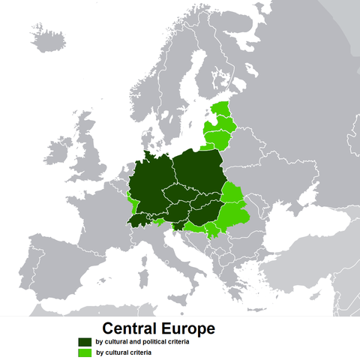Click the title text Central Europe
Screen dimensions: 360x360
point(158,328)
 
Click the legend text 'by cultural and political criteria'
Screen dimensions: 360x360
point(142,341)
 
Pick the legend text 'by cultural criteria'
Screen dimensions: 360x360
point(124,352)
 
